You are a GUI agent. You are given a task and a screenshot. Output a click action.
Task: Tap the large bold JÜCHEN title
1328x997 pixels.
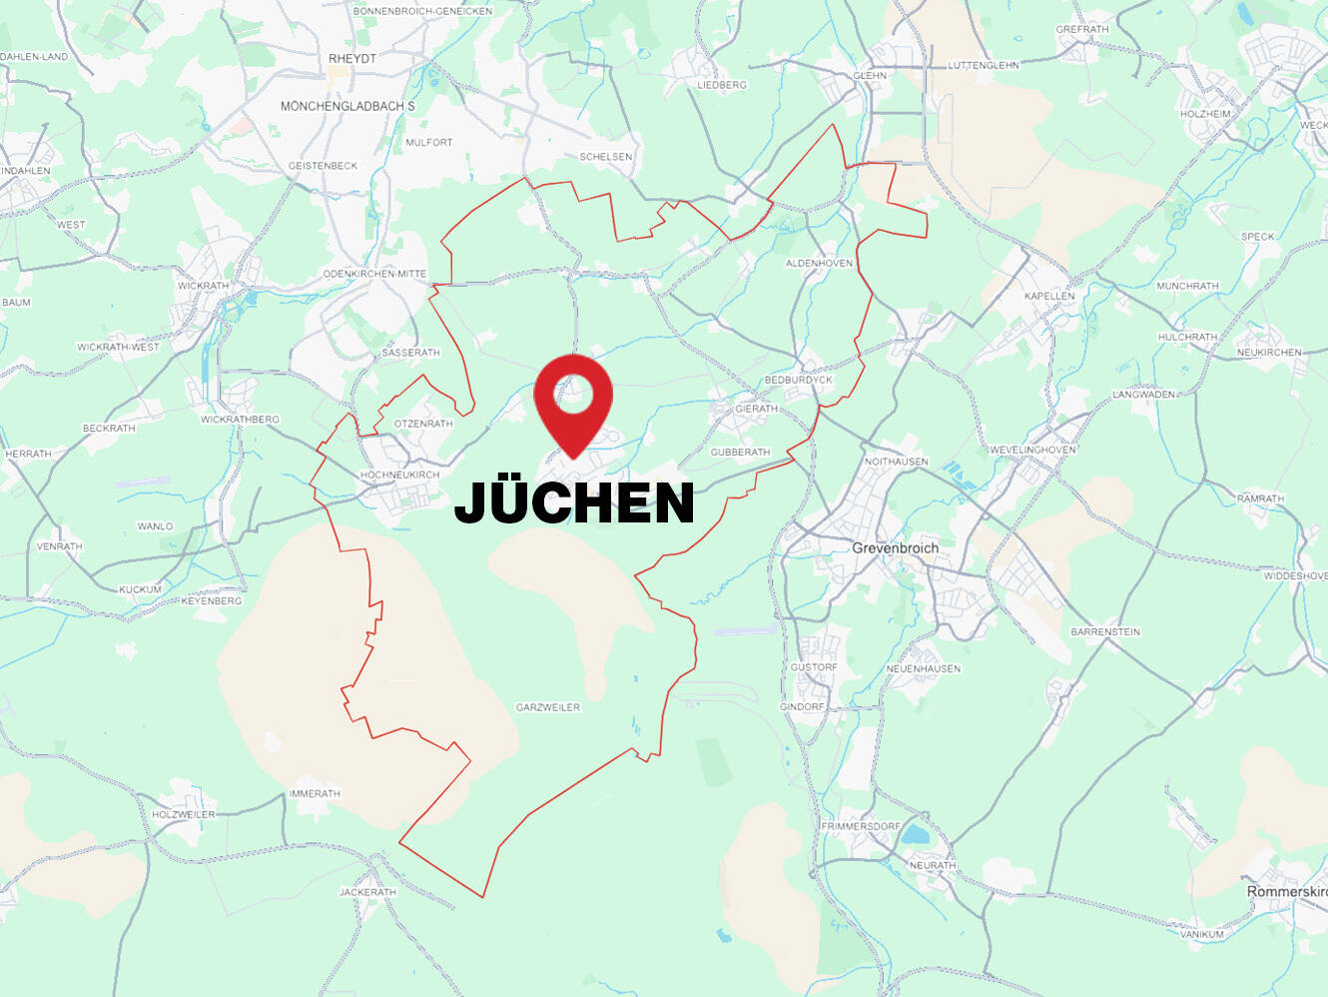point(574,501)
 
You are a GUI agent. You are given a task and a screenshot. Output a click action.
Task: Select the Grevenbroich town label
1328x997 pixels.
point(895,547)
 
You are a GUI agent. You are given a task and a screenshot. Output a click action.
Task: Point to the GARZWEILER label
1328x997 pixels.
point(547,707)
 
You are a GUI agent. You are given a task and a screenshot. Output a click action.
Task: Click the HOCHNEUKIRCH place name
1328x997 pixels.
point(399,475)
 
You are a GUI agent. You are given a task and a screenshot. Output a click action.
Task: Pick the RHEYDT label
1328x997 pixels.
point(352,59)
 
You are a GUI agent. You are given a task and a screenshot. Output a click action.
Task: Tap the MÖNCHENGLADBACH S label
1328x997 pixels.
point(347,106)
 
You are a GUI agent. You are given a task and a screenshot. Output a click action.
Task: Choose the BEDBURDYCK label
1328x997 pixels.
point(798,380)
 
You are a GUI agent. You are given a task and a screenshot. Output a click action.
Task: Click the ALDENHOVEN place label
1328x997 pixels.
point(819,263)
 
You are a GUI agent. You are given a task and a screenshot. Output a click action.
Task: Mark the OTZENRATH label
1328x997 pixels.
point(423,424)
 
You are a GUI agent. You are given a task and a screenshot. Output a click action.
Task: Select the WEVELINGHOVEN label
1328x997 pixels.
point(1032,450)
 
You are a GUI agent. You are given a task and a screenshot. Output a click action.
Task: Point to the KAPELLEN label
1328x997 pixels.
point(1049,296)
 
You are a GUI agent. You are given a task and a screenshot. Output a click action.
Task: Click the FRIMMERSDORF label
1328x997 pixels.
point(860,826)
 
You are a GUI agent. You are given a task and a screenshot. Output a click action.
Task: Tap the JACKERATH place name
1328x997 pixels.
point(367,892)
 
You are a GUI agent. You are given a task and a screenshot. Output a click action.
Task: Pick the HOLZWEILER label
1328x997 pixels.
point(183,814)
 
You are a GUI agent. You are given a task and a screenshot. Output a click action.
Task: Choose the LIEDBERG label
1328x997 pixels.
point(721,85)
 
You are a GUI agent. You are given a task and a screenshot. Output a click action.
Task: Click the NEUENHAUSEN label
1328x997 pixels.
point(923,668)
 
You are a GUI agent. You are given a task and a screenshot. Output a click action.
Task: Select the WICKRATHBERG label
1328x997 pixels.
point(240,420)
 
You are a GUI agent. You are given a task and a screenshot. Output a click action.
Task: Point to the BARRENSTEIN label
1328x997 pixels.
point(1104,631)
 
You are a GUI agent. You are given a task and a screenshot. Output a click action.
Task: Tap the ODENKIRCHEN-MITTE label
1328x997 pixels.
point(374,274)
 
